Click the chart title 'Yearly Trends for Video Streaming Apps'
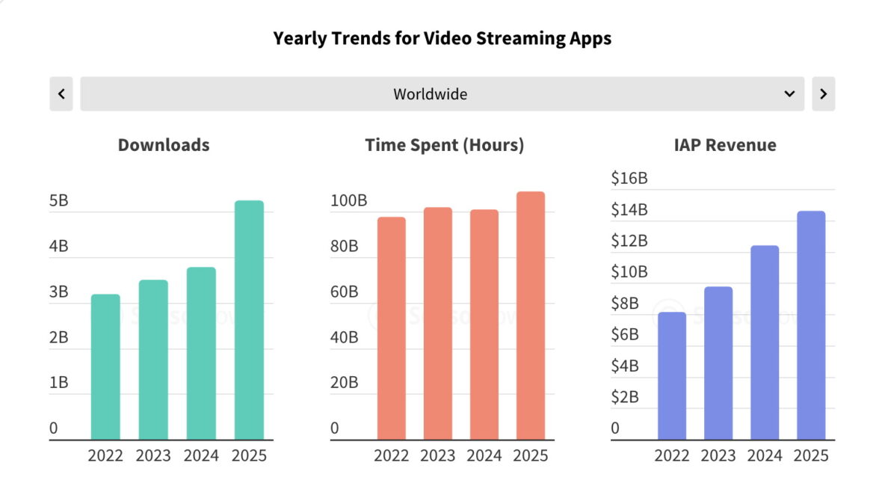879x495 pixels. tap(442, 38)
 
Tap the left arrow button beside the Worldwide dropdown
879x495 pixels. tap(61, 94)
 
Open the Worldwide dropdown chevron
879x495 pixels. tap(789, 94)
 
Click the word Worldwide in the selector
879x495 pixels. tap(431, 94)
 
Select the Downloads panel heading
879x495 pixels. tap(164, 145)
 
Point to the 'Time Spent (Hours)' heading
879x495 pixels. tap(445, 145)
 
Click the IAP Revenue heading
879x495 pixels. tap(724, 145)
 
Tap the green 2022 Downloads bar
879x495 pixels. tap(105, 366)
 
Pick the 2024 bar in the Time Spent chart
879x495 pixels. tap(484, 325)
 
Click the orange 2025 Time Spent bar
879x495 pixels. tap(531, 316)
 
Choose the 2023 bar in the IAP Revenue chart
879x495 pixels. tap(718, 363)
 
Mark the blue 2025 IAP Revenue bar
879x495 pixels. tap(811, 325)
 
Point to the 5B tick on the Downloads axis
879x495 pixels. tap(58, 201)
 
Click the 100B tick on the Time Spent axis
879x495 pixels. tap(348, 201)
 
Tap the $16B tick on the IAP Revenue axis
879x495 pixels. tap(629, 179)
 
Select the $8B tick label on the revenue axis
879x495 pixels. tap(625, 304)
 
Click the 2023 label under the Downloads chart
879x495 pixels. tap(153, 455)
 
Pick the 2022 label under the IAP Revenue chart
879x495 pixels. tap(672, 455)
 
